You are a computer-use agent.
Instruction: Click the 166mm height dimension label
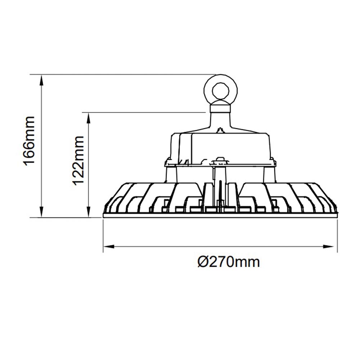click(29, 140)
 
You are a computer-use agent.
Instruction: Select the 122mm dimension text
click(78, 160)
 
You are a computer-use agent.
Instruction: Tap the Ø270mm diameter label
click(229, 262)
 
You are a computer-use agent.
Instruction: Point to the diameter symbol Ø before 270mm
click(203, 262)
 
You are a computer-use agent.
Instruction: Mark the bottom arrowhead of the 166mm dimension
click(42, 213)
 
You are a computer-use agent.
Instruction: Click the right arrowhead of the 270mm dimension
click(332, 247)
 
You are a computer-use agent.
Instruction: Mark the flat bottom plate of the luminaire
click(220, 215)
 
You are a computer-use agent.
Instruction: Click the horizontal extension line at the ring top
click(126, 75)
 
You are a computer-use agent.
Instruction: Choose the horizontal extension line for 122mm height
click(144, 113)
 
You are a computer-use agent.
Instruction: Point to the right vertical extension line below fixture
click(337, 234)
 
